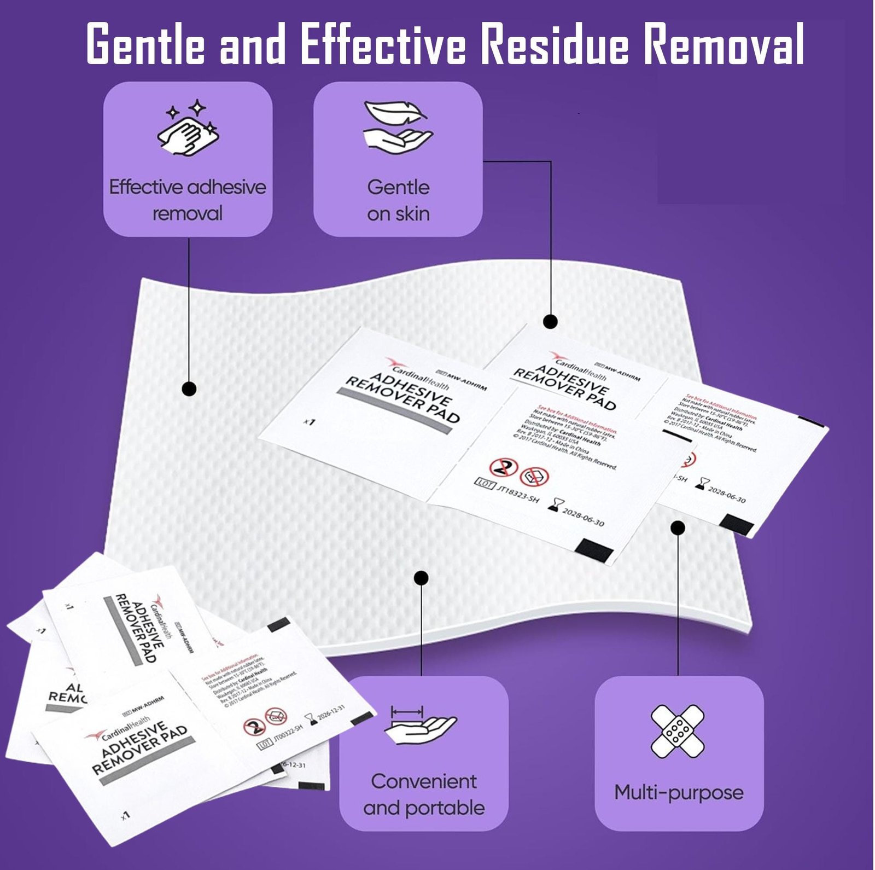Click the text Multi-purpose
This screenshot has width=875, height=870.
pos(679,792)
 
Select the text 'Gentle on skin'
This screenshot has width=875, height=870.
pos(398,200)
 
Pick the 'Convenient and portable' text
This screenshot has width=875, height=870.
pos(424,794)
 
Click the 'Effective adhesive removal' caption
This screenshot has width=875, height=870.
pos(188,200)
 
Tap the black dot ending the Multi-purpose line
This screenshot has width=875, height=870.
pos(678,527)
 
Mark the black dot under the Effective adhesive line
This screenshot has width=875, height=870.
pos(189,389)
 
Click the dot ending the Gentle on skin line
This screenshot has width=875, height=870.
pos(550,321)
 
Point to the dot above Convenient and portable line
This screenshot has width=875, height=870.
pos(421,578)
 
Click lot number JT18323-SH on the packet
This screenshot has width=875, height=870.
pos(517,492)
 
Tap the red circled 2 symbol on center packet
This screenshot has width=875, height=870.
pos(503,467)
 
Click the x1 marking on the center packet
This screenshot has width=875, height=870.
pos(310,421)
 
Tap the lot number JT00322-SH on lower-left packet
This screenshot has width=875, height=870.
pos(288,734)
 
